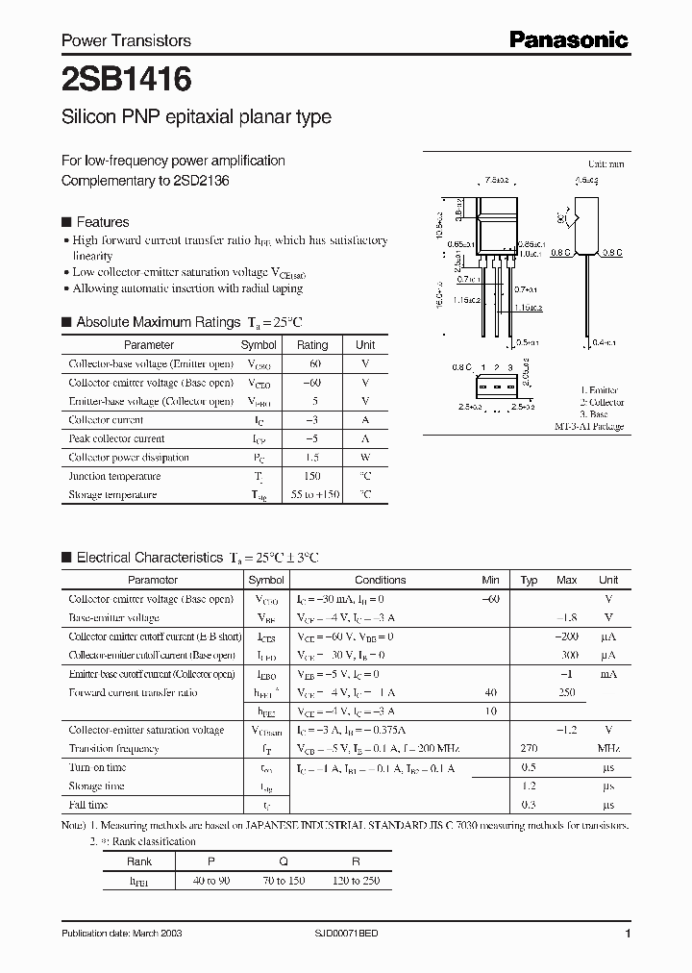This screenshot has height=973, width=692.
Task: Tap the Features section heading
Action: coord(102,221)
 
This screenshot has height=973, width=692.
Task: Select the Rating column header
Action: coord(312,344)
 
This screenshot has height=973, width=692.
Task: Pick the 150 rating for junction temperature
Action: coord(312,476)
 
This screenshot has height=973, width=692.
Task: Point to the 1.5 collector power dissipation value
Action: coord(312,458)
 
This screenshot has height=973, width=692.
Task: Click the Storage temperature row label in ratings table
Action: coord(112,494)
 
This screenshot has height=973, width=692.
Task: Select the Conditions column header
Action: coord(380,580)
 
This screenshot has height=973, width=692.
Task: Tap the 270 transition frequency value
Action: coord(529,749)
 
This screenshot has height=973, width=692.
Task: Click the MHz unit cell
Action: coord(608,749)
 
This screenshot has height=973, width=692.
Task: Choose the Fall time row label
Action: coord(88,805)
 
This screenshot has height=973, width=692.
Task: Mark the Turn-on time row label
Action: coord(97,767)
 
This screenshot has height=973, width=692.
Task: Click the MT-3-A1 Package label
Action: coord(589,426)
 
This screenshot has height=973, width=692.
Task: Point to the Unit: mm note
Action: coord(606,164)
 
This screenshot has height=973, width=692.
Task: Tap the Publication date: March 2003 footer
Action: coord(121,934)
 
